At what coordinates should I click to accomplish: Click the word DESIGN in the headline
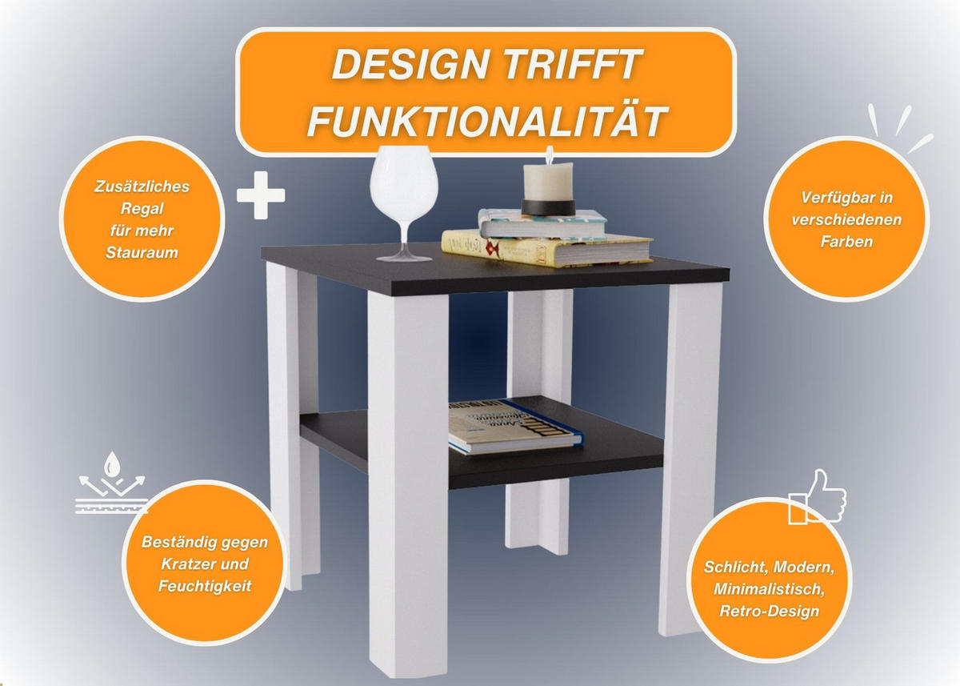tap(410, 64)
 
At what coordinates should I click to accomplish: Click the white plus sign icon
tap(261, 195)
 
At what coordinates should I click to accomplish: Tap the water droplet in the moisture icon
tap(112, 463)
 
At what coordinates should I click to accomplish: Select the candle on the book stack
tap(548, 180)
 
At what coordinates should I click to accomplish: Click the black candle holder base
tap(548, 207)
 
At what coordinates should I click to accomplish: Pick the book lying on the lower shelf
tap(515, 427)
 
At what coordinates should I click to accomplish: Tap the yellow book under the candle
tap(547, 248)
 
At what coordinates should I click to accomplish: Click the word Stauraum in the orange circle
tap(142, 252)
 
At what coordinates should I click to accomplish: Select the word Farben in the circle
tap(846, 242)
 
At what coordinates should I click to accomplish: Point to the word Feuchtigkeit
tap(205, 586)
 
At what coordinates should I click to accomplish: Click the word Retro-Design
tap(770, 611)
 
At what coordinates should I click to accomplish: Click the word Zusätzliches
tap(142, 187)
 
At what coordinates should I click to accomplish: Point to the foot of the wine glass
tap(404, 257)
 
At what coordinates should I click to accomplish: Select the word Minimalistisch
tap(769, 589)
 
